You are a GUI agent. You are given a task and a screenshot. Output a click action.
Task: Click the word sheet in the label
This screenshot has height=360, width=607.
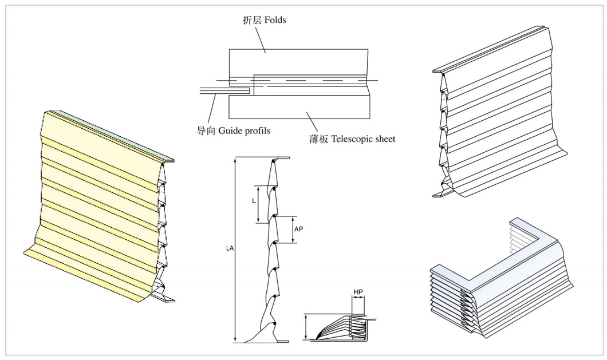click(x=384, y=139)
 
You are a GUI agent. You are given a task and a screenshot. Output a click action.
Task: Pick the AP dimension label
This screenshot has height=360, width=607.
click(x=298, y=228)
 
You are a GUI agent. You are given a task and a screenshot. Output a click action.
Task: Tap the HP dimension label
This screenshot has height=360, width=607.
click(x=358, y=292)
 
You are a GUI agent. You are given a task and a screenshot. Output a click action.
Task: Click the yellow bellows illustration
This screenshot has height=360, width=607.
click(x=97, y=212)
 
